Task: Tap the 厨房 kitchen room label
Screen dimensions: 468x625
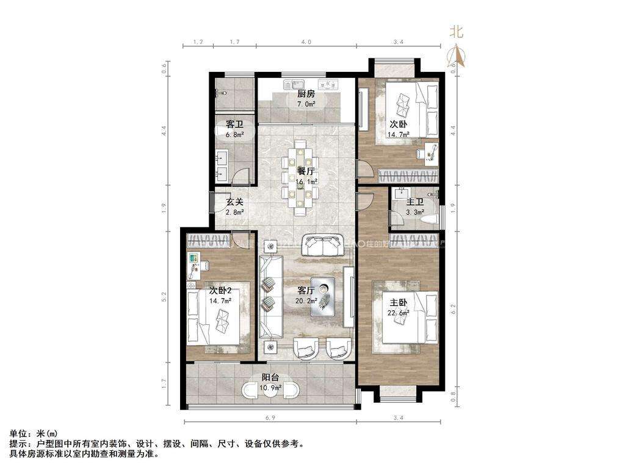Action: tap(306, 94)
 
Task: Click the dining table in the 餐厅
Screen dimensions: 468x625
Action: tap(300, 177)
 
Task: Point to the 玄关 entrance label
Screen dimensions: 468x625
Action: tap(235, 202)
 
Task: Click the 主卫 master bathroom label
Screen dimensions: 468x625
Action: tap(415, 202)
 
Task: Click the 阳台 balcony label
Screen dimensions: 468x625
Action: tap(271, 378)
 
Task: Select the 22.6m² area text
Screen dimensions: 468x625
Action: tap(397, 313)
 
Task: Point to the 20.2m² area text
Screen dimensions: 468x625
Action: tap(305, 300)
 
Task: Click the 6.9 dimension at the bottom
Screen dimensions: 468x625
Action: tap(269, 417)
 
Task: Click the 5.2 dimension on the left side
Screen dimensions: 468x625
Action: tap(164, 297)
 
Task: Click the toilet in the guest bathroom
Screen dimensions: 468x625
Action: tap(222, 93)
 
